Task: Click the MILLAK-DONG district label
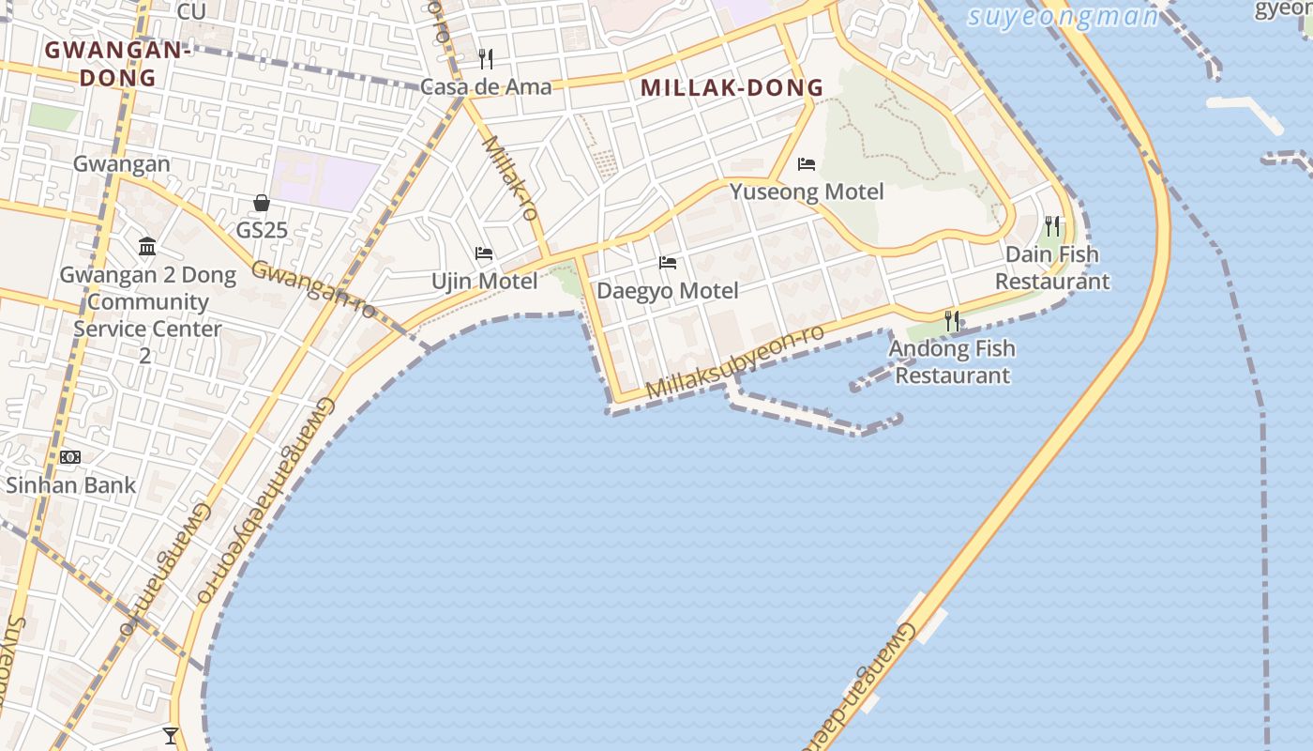coord(732,88)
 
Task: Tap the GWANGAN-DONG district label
coord(117,63)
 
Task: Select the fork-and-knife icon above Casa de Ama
coord(486,59)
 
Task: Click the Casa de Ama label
coord(486,87)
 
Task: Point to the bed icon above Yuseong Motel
coord(807,164)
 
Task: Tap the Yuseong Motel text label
coord(807,192)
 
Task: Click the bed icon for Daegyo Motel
coord(668,263)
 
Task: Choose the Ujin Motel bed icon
coord(484,253)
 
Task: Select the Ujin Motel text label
coord(484,281)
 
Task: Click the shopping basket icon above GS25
coord(262,203)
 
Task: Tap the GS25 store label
coord(262,230)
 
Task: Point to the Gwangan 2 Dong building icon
coord(147,247)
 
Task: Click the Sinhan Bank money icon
coord(70,457)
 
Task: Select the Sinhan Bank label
coord(71,485)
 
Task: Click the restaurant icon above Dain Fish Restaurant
coord(1052,226)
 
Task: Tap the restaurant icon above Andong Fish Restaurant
coord(952,320)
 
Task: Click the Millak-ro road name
coord(511,178)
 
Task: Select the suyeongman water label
coord(1063,17)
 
